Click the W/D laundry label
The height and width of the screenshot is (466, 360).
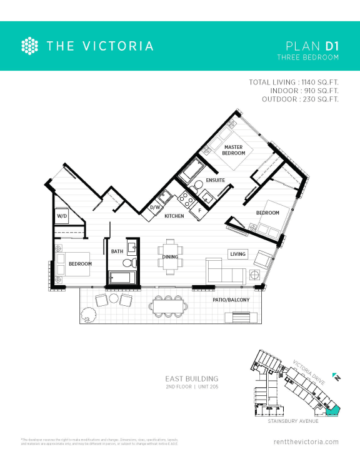[x=62, y=216]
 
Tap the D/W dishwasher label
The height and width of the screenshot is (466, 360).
[x=156, y=207]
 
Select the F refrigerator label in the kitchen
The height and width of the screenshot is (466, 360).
[x=199, y=210]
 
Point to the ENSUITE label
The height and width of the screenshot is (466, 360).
[x=214, y=181]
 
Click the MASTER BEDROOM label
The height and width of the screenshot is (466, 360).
[x=233, y=150]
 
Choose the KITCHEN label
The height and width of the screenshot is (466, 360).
[x=174, y=216]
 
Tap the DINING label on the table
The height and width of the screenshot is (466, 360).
[x=170, y=256]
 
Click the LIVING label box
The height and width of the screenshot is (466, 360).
[x=238, y=254]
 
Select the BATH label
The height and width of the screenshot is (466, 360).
[x=117, y=251]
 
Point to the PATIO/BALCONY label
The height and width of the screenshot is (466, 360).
[x=231, y=300]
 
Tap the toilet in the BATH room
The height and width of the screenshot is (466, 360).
[x=130, y=263]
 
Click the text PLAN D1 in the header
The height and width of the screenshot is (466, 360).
[x=312, y=46]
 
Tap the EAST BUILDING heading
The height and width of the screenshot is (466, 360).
[x=191, y=379]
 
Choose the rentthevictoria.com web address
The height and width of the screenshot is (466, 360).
[x=306, y=442]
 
